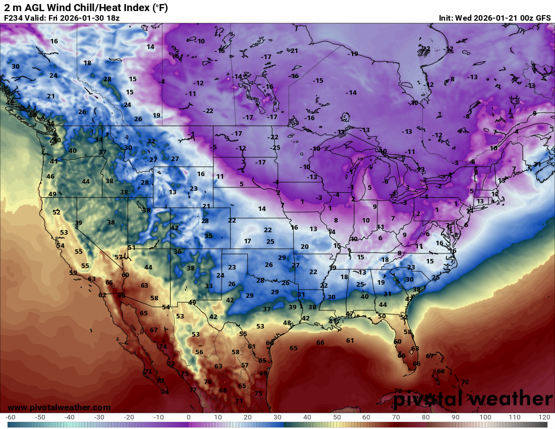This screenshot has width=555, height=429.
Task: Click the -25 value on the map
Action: click(275, 147)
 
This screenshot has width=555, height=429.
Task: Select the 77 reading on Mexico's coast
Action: click(193, 390)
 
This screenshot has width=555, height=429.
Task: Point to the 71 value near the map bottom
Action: click(239, 401)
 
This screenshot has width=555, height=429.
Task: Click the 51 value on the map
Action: click(132, 247)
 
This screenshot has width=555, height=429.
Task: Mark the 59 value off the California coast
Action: click(73, 273)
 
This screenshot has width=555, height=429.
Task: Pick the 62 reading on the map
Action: click(102, 295)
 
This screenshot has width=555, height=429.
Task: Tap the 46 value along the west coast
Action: click(50, 177)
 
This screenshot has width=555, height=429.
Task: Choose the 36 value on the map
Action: click(178, 251)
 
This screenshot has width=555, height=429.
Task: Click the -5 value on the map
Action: click(214, 147)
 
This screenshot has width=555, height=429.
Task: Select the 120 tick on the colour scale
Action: click(544, 417)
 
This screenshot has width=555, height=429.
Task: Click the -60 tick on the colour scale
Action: click(10, 417)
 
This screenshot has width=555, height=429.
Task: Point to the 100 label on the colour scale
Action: click(485, 417)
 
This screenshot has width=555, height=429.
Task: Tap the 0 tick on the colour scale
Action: click(188, 417)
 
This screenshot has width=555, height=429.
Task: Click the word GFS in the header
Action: click(543, 18)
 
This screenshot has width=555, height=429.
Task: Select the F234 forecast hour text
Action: click(14, 18)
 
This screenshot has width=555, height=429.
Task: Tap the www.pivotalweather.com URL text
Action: click(59, 407)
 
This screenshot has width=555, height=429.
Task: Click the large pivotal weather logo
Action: click(473, 399)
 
